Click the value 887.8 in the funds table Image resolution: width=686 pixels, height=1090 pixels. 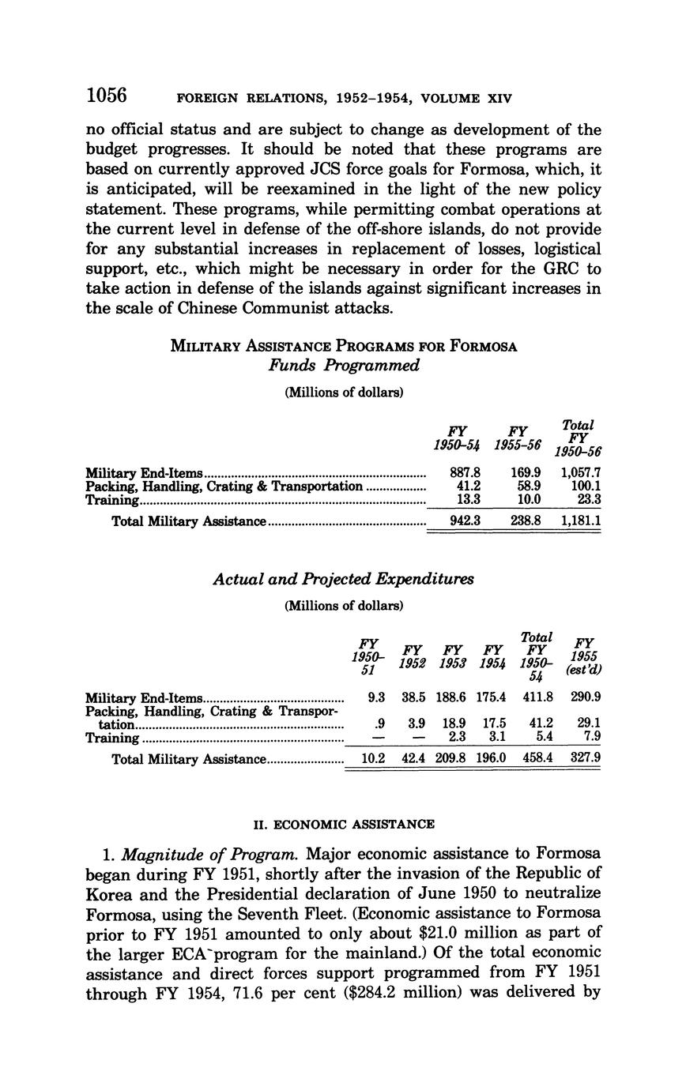(x=465, y=473)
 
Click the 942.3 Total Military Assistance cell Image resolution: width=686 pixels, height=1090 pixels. (x=465, y=521)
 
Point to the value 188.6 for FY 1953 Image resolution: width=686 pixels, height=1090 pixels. (x=451, y=697)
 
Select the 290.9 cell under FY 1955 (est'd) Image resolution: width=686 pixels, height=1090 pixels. (x=585, y=697)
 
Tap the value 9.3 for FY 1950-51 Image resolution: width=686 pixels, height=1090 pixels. (x=376, y=697)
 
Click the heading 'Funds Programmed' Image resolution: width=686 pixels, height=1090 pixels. (x=343, y=366)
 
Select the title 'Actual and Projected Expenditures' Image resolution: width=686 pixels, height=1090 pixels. (x=343, y=579)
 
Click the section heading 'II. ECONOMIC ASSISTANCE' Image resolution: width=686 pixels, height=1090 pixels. (x=343, y=825)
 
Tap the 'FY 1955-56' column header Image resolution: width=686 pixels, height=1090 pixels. (x=518, y=438)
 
